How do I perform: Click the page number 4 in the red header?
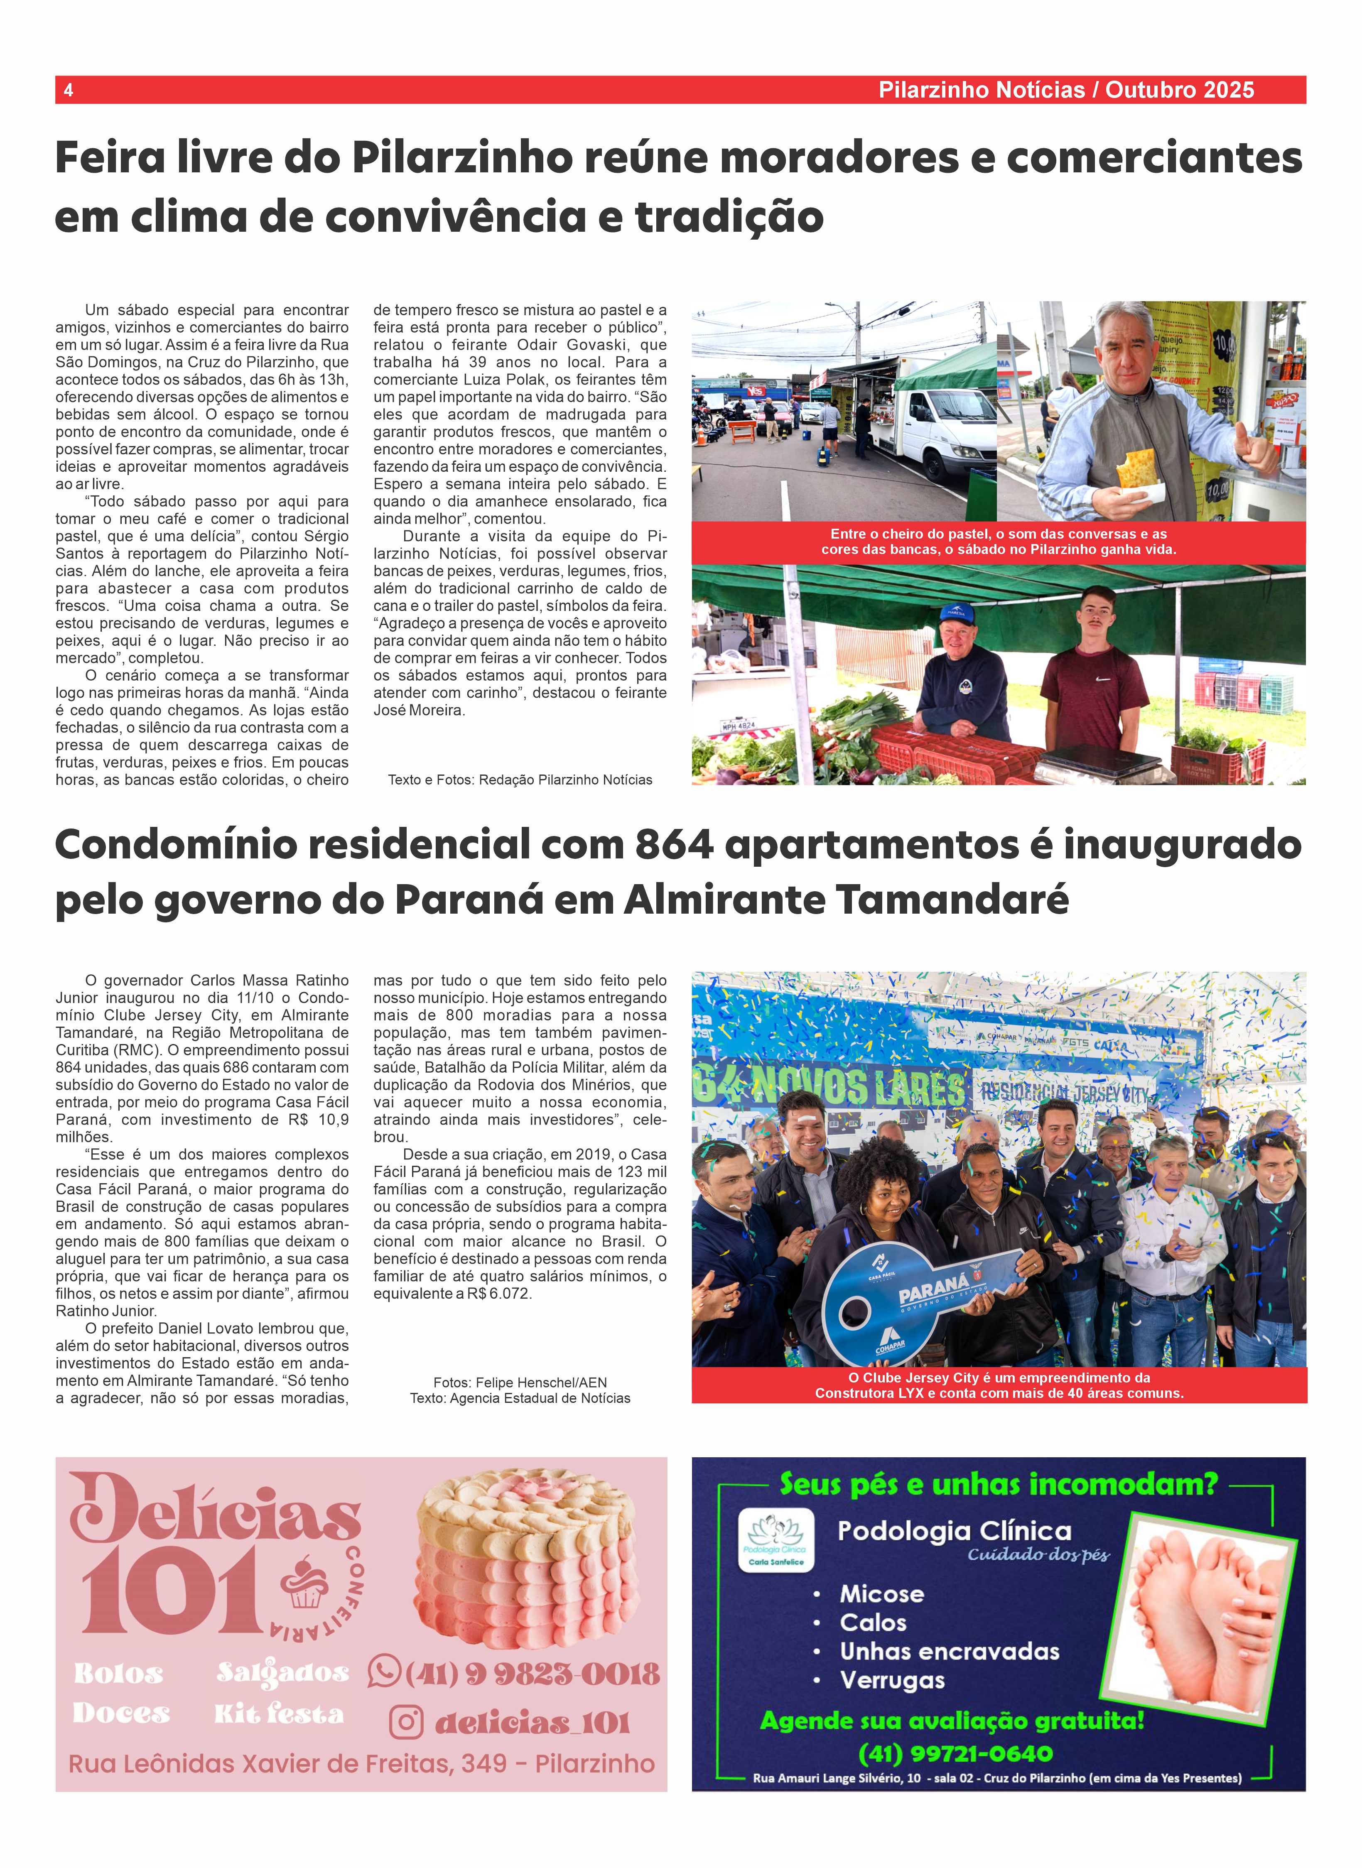coord(69,90)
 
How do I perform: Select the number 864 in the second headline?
coord(674,845)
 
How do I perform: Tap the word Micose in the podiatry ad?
coord(881,1594)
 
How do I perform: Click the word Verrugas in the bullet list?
coord(892,1680)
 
